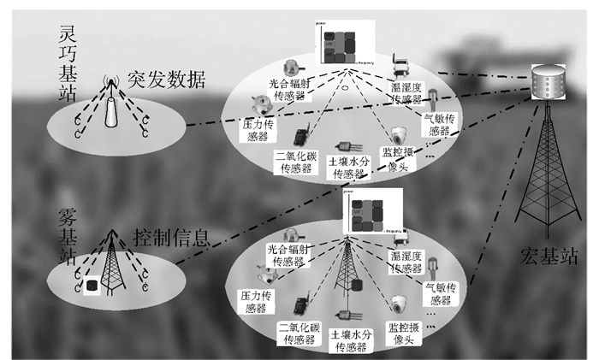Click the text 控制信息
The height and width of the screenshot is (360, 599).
point(171,236)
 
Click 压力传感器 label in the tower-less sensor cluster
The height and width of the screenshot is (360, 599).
point(256,130)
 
